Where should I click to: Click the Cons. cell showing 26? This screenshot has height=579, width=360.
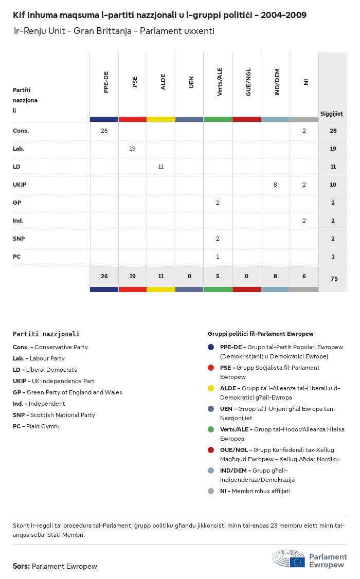coord(104,131)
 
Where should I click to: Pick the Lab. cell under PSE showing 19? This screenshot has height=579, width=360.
coord(133,149)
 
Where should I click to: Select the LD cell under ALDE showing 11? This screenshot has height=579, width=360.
coord(161,167)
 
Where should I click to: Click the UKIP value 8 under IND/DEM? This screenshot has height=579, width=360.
coord(275,185)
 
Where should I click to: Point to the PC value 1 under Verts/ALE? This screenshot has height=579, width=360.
coord(218,257)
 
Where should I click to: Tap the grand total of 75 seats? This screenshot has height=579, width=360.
coord(333,279)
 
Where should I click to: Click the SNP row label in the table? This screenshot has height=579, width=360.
coord(19,239)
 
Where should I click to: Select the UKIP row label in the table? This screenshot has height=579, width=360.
coord(20,185)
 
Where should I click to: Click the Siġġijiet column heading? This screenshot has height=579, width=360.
coord(332,114)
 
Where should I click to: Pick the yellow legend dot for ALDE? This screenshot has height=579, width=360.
coord(211,388)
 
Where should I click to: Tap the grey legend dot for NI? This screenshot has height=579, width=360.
coord(211,491)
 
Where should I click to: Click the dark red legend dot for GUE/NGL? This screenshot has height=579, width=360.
coord(211,450)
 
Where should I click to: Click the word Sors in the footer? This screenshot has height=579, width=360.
coord(21,566)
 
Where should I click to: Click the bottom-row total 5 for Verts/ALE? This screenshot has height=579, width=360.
coord(218,276)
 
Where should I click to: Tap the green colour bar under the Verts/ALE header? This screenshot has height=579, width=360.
coord(218,119)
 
